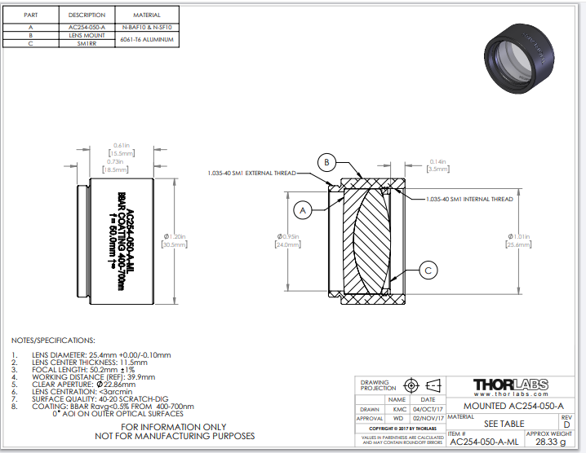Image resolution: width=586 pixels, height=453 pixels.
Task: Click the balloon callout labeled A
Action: [303, 210]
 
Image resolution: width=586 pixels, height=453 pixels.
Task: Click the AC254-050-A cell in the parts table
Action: [87, 28]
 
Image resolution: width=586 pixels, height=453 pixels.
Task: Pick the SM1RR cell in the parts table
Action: [87, 44]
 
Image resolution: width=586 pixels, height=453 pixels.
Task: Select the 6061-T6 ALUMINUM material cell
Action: [148, 40]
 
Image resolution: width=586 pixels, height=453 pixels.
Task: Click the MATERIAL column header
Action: [147, 15]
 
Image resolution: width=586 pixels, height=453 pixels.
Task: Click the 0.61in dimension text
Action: [122, 145]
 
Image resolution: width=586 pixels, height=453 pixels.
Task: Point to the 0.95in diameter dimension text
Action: [289, 237]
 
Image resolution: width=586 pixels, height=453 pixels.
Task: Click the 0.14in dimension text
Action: [437, 161]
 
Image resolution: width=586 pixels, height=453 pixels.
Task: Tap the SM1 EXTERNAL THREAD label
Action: [251, 173]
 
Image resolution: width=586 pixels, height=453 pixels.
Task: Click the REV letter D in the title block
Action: [566, 424]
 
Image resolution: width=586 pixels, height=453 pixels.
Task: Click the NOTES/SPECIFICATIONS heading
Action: [53, 340]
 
